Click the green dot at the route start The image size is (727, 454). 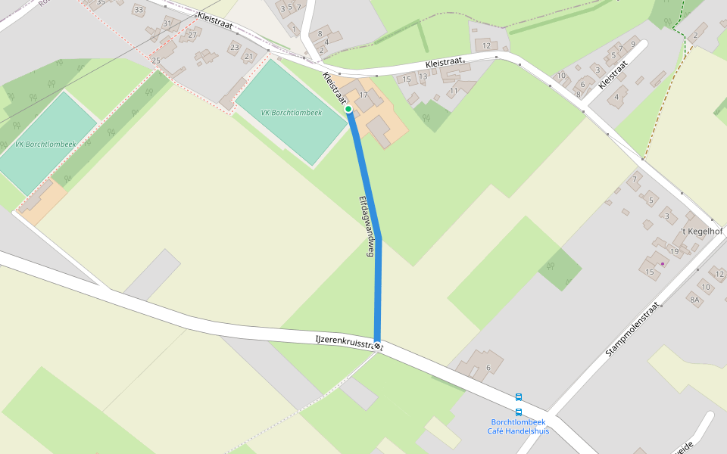point(348,110)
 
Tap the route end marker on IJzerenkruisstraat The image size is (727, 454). point(377,346)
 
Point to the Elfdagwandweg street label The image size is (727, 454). point(367,227)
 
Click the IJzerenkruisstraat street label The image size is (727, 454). point(348,343)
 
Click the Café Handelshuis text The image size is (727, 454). point(518,431)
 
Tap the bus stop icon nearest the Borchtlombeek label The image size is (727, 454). point(519,412)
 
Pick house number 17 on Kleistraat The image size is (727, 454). point(363,95)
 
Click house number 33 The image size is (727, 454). point(138,10)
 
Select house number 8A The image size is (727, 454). point(694,300)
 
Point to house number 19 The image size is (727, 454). point(675,251)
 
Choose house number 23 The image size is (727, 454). point(234,47)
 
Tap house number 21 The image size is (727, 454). point(248,56)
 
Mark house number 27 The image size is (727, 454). point(192,35)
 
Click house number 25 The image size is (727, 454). point(156,61)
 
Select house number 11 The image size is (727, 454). point(454,91)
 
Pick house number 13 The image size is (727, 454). point(423,76)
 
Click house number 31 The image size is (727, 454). point(167,23)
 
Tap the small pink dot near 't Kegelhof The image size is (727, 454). point(663,264)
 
